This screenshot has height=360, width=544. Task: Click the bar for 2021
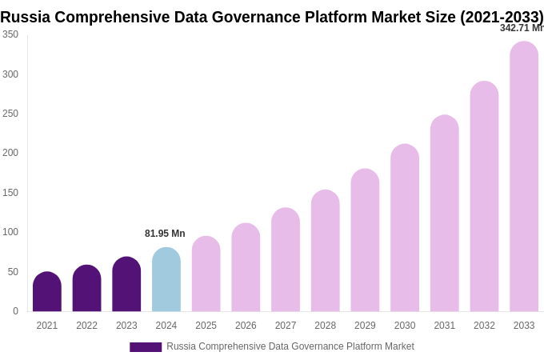click(x=47, y=292)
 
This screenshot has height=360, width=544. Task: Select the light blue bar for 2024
click(x=166, y=280)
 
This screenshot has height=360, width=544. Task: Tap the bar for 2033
click(x=524, y=177)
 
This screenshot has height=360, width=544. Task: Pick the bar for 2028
click(x=326, y=251)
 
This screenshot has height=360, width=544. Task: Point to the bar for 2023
click(x=126, y=285)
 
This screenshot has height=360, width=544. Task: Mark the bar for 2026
click(x=246, y=267)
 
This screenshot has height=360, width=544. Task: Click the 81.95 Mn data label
click(x=165, y=234)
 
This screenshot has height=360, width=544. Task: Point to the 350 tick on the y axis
click(x=10, y=34)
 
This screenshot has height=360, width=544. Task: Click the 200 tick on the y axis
click(x=10, y=153)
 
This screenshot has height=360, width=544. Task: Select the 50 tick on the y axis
click(x=13, y=272)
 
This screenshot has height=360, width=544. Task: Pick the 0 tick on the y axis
click(x=15, y=311)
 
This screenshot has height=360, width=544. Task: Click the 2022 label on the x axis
click(x=86, y=326)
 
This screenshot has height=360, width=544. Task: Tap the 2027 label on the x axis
click(x=286, y=326)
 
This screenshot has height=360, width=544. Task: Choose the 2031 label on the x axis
click(x=445, y=326)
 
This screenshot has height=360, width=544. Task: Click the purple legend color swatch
click(x=146, y=347)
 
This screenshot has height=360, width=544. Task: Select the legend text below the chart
click(x=290, y=346)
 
